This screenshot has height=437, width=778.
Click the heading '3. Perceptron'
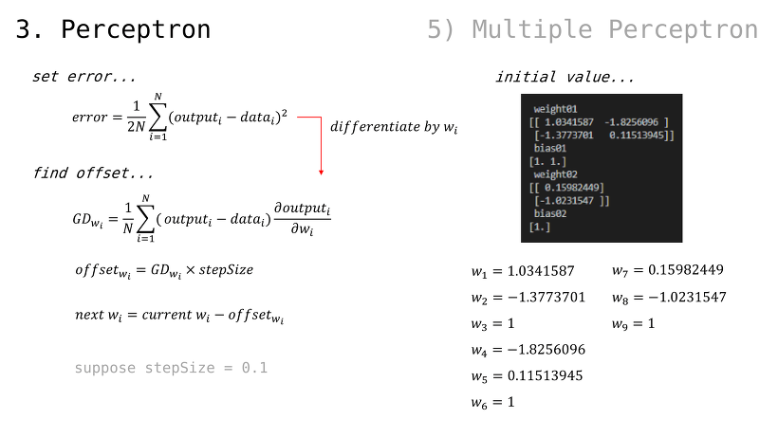pyautogui.click(x=113, y=29)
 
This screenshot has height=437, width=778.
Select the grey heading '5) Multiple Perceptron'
pyautogui.click(x=592, y=29)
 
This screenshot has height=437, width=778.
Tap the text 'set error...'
pyautogui.click(x=83, y=76)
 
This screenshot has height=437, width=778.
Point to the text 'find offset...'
pyautogui.click(x=93, y=173)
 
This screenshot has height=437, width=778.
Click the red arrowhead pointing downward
pyautogui.click(x=321, y=172)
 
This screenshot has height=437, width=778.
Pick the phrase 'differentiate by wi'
pyautogui.click(x=394, y=127)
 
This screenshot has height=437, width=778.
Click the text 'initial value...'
pyautogui.click(x=565, y=77)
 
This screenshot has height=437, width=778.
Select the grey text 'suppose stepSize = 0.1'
pyautogui.click(x=171, y=368)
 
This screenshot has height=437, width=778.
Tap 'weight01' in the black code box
pyautogui.click(x=555, y=109)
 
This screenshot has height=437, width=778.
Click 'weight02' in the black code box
pyautogui.click(x=555, y=174)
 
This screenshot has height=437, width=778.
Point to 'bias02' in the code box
pyautogui.click(x=549, y=213)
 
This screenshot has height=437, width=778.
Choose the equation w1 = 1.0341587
pyautogui.click(x=523, y=271)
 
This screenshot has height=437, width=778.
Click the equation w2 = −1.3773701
pyautogui.click(x=528, y=298)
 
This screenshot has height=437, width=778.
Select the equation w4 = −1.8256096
pyautogui.click(x=528, y=350)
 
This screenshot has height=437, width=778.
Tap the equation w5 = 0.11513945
pyautogui.click(x=527, y=376)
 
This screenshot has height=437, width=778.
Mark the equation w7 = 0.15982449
pyautogui.click(x=667, y=270)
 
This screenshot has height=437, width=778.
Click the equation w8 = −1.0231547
pyautogui.click(x=669, y=298)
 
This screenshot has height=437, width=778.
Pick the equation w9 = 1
pyautogui.click(x=633, y=323)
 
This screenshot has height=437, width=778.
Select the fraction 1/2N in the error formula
pyautogui.click(x=136, y=117)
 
